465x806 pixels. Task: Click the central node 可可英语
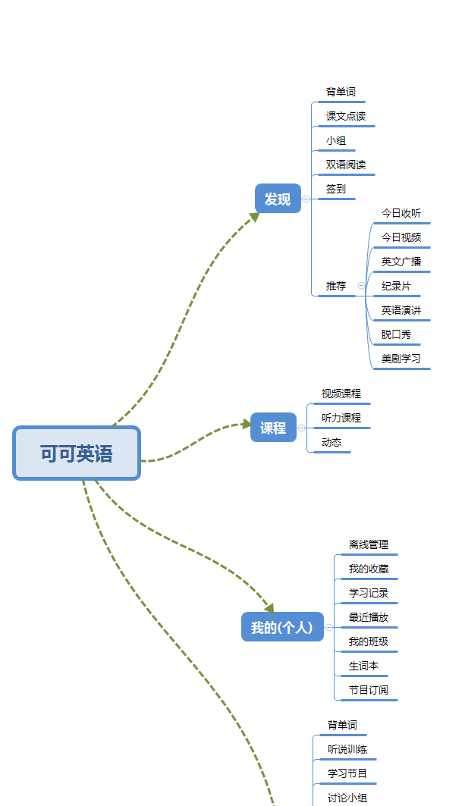point(77,453)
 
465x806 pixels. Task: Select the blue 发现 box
point(278,199)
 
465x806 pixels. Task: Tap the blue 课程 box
point(273,428)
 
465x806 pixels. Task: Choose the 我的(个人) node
point(282,627)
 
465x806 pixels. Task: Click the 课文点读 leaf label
point(346,116)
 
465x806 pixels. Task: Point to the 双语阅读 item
point(346,165)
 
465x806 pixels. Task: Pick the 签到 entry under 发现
point(336,189)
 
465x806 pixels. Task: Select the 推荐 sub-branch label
point(336,286)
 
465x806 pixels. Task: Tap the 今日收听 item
point(401,213)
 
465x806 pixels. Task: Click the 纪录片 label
point(396,286)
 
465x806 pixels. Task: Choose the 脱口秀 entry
point(396,334)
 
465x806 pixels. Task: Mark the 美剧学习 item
point(401,359)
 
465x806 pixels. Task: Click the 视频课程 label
point(341,394)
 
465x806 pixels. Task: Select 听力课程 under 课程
point(341,418)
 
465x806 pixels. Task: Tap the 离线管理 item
point(369,544)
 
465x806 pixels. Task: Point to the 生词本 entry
point(363,666)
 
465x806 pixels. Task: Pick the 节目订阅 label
point(369,690)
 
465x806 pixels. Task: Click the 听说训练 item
point(347,749)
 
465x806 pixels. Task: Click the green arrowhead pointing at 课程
point(246,424)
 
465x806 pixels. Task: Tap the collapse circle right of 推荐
point(361,286)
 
